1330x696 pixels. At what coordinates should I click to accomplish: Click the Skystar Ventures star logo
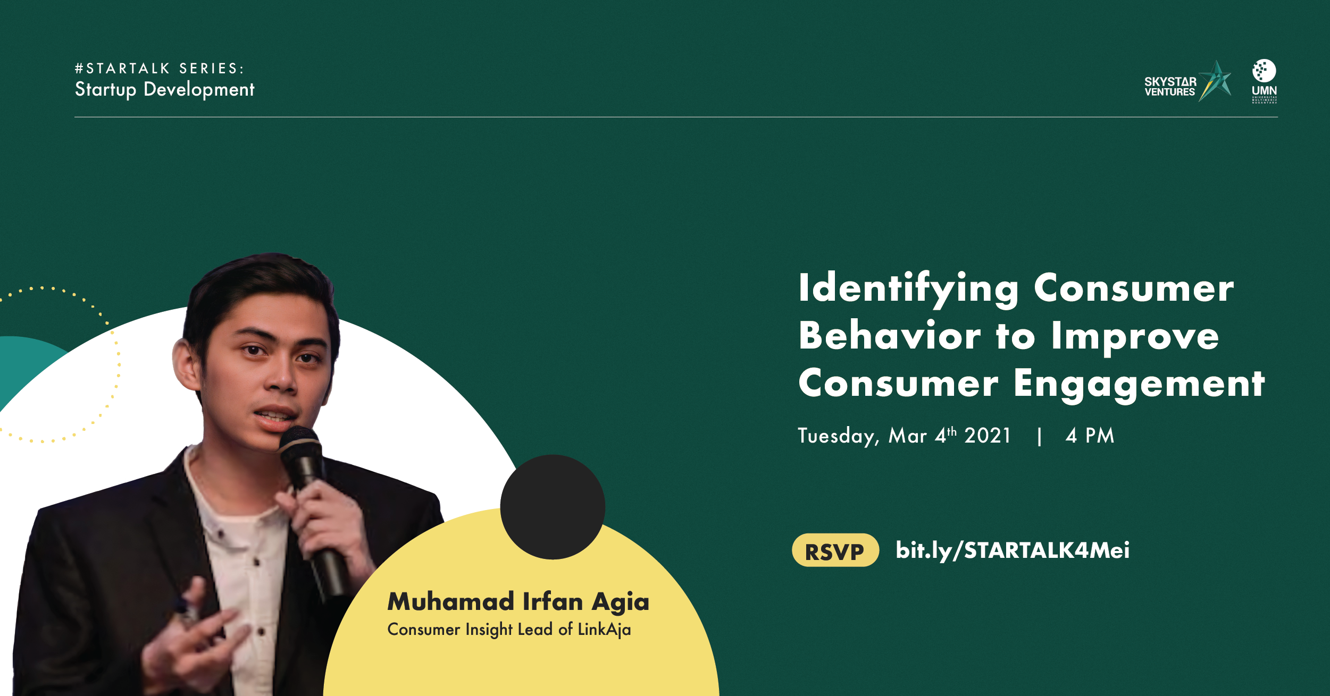1187,81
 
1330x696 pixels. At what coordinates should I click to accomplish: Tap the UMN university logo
1264,81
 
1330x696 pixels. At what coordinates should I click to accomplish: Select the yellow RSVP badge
835,551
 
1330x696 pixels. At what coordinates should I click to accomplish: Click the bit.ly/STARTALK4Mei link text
1013,550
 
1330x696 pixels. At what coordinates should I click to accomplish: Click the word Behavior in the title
889,336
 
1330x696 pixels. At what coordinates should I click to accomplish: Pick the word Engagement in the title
1139,384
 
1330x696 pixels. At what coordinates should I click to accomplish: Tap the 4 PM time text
1090,436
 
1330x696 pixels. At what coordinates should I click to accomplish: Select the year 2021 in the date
988,436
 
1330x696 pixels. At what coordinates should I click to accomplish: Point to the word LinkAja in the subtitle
604,630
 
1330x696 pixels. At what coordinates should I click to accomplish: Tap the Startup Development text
164,89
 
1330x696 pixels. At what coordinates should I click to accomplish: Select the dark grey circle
553,507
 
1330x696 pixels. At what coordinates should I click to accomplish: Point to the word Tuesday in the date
836,436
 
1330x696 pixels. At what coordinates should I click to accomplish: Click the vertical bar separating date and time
1039,437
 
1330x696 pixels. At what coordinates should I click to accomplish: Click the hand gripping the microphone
319,523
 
